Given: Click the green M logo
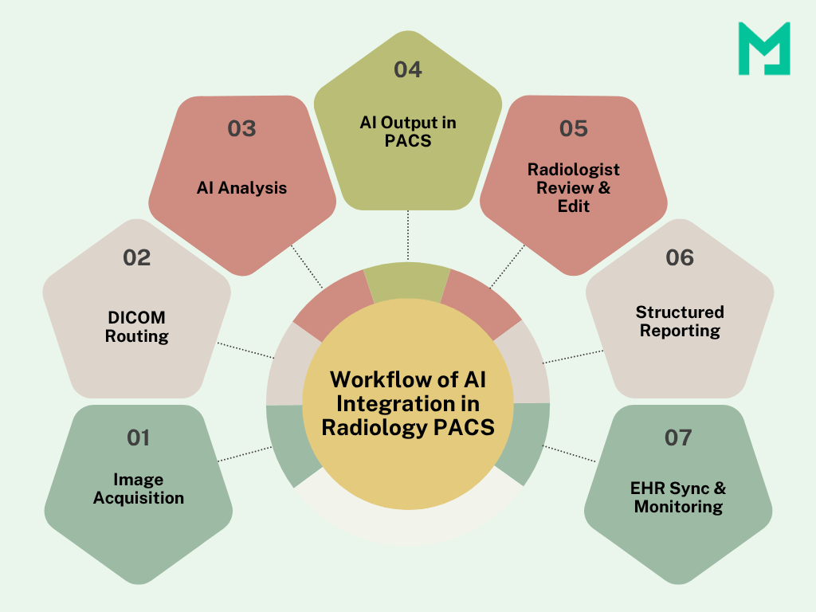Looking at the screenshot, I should pos(763,49).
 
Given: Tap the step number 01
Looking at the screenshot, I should pos(138,437).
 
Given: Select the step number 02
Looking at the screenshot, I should pos(136,257).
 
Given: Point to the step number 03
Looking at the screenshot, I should pos(241,128).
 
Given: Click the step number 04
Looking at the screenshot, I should pos(407,69).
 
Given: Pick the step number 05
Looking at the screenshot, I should pos(573,128).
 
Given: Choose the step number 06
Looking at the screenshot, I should pos(680,257).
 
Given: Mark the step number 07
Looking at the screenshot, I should pos(678,437).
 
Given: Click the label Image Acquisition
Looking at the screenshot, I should pos(139,488).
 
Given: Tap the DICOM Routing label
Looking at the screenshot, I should pos(137,327).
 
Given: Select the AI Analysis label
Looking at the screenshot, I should pos(241,188).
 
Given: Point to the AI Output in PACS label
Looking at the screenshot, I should pos(407,131).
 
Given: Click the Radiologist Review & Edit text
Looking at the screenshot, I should pos(574,187).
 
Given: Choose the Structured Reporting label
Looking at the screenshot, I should pos(680,320).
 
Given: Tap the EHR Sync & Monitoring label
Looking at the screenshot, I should pos(679,496).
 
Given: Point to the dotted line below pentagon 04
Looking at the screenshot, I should pos(408,235).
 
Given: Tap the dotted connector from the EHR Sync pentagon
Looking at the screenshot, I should pos(572,453).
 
